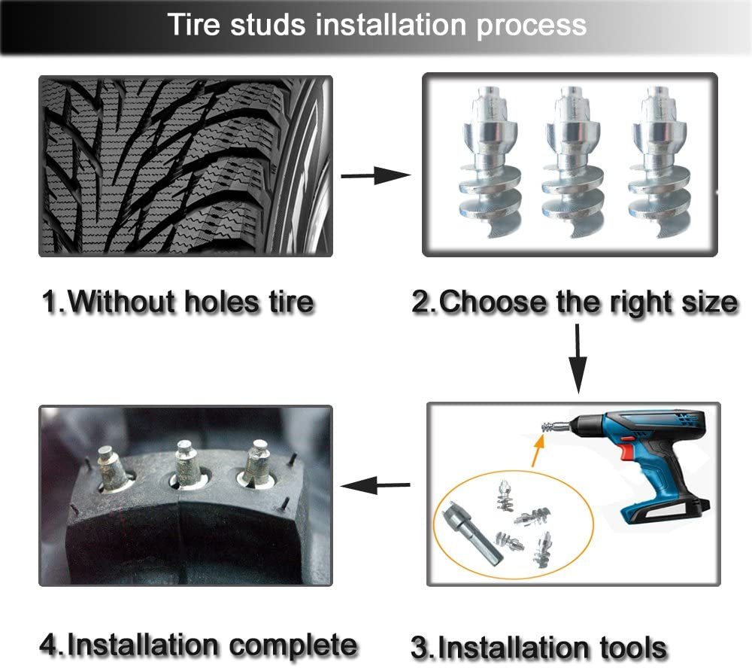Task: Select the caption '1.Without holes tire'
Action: coord(177,302)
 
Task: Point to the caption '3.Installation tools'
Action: coord(538,647)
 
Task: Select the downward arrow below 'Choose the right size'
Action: coord(578,360)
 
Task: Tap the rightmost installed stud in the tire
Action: coord(256,463)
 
